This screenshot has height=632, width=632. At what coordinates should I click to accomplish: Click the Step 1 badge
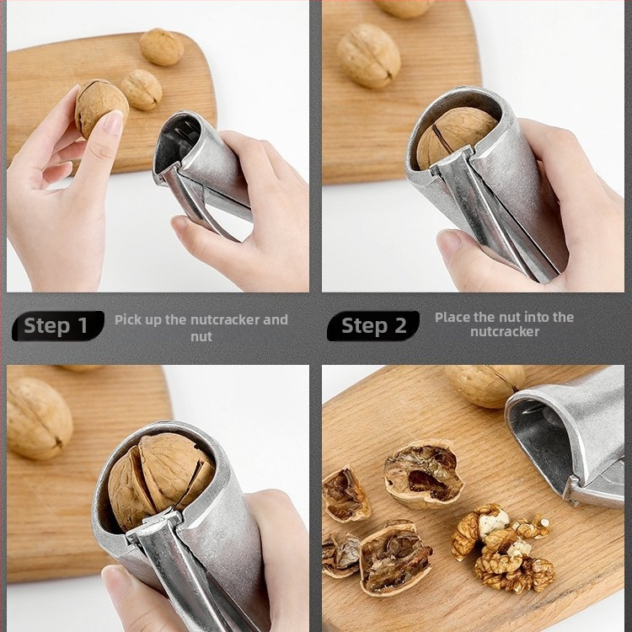tap(58, 325)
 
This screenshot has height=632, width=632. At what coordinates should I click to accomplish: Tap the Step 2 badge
tap(373, 325)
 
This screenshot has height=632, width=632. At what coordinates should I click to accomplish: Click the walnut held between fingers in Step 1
tap(101, 108)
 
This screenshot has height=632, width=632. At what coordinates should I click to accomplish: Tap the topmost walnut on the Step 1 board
tap(161, 47)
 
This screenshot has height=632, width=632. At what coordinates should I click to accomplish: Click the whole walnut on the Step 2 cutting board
tap(368, 56)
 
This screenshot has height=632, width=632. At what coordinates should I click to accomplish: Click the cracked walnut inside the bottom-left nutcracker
tap(160, 479)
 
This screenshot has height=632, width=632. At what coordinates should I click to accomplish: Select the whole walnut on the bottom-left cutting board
tap(38, 418)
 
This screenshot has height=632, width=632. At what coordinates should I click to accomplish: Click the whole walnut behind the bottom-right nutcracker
tap(485, 385)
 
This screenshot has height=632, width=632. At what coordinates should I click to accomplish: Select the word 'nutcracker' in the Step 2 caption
tap(505, 332)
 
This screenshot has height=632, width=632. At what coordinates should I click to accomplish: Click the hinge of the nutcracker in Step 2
tap(453, 160)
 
